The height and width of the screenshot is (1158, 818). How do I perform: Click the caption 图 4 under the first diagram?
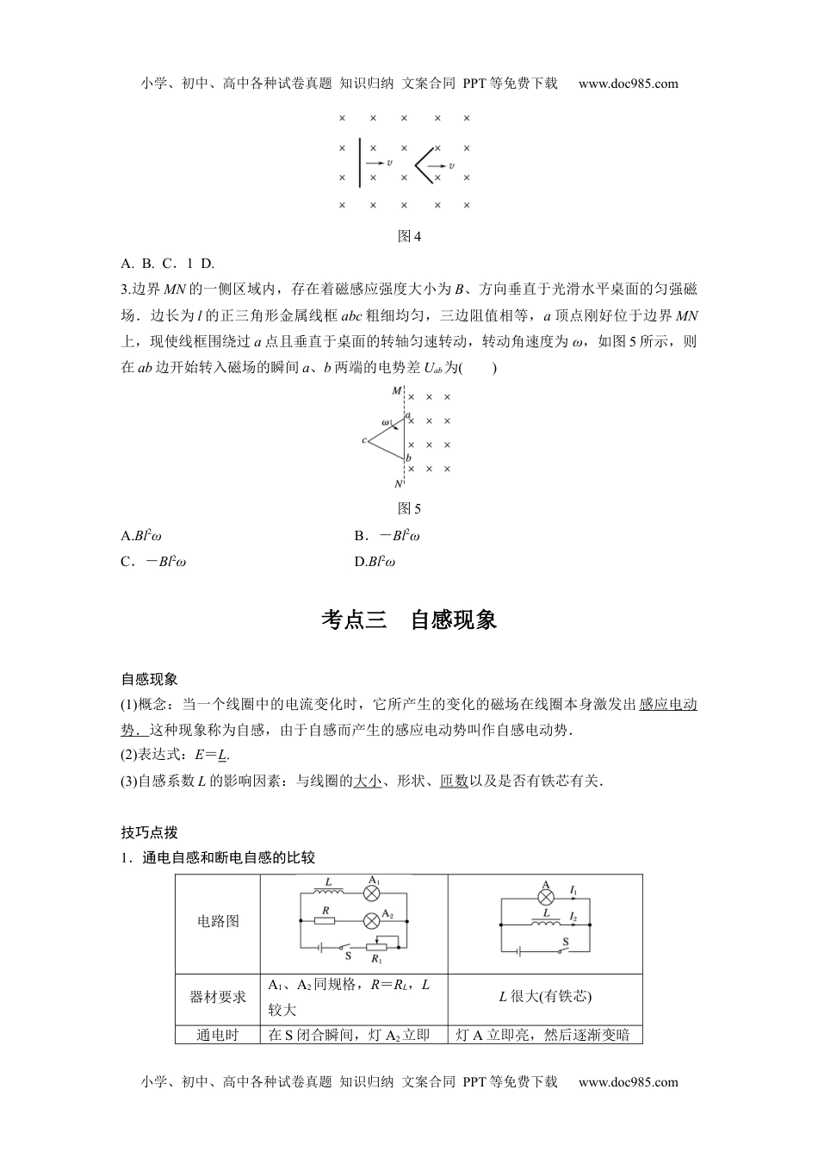pos(409,236)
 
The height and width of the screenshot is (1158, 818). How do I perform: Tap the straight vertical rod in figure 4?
pos(358,160)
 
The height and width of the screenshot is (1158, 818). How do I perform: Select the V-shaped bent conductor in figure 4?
pos(424,162)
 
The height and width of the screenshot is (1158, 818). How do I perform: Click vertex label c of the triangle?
pos(365,440)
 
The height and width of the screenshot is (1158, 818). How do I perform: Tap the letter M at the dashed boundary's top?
pos(396,391)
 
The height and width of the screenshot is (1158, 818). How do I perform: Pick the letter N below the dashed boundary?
pos(397,484)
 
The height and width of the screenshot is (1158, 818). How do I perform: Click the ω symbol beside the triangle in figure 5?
pos(386,422)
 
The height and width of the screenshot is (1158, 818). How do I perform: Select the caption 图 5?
pos(409,509)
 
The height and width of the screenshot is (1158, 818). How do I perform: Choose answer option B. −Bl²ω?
pos(387,536)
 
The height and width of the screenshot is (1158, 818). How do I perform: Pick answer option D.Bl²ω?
pos(374,562)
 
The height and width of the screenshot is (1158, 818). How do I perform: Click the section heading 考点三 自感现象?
pos(409,620)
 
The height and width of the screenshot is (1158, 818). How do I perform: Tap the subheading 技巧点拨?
pos(149,832)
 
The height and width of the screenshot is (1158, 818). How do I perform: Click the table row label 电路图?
pos(218,921)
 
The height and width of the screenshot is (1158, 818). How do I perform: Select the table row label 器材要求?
pos(218,997)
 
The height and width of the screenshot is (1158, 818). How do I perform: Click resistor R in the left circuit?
pos(325,920)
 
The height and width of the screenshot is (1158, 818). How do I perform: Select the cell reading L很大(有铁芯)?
pos(545,997)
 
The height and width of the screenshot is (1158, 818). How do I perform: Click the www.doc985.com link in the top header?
pos(628,84)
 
